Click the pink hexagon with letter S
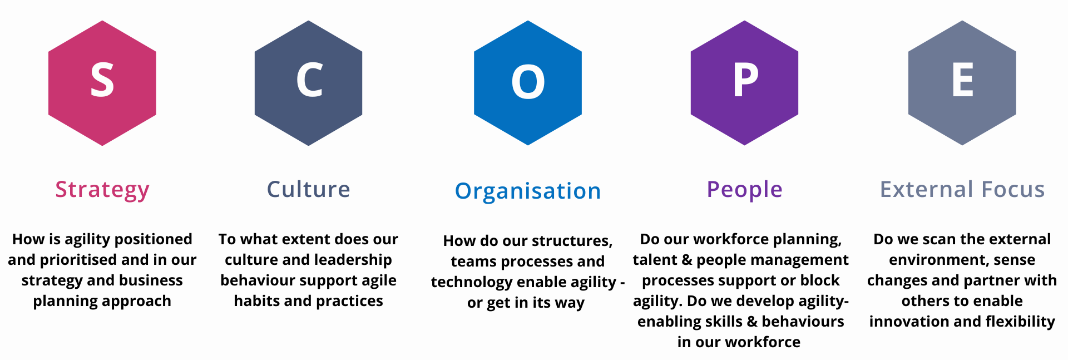102,83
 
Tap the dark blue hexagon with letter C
308,83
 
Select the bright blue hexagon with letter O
528,83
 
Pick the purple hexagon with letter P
744,83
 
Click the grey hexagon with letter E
962,83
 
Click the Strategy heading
102,190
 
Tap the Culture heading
308,190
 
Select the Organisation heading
528,191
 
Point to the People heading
744,190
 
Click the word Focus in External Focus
1013,190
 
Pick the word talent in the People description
654,260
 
